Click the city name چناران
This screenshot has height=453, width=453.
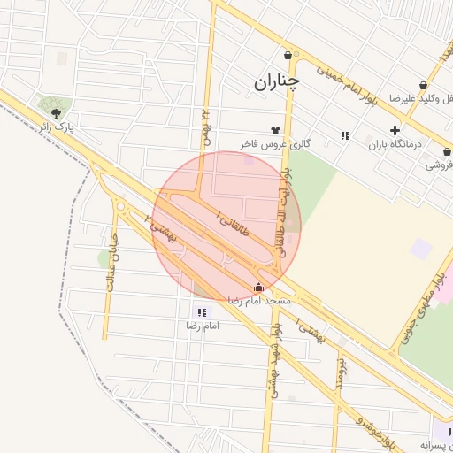[276, 81]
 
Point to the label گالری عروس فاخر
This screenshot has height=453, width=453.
[276, 142]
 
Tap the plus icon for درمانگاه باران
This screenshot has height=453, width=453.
[395, 130]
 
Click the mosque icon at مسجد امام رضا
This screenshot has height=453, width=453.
[258, 287]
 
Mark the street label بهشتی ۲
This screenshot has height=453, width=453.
[163, 227]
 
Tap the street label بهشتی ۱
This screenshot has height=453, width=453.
[311, 330]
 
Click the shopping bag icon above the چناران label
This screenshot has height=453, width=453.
[287, 54]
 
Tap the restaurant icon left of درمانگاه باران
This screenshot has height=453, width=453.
[344, 135]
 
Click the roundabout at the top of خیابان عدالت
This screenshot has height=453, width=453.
[120, 207]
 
